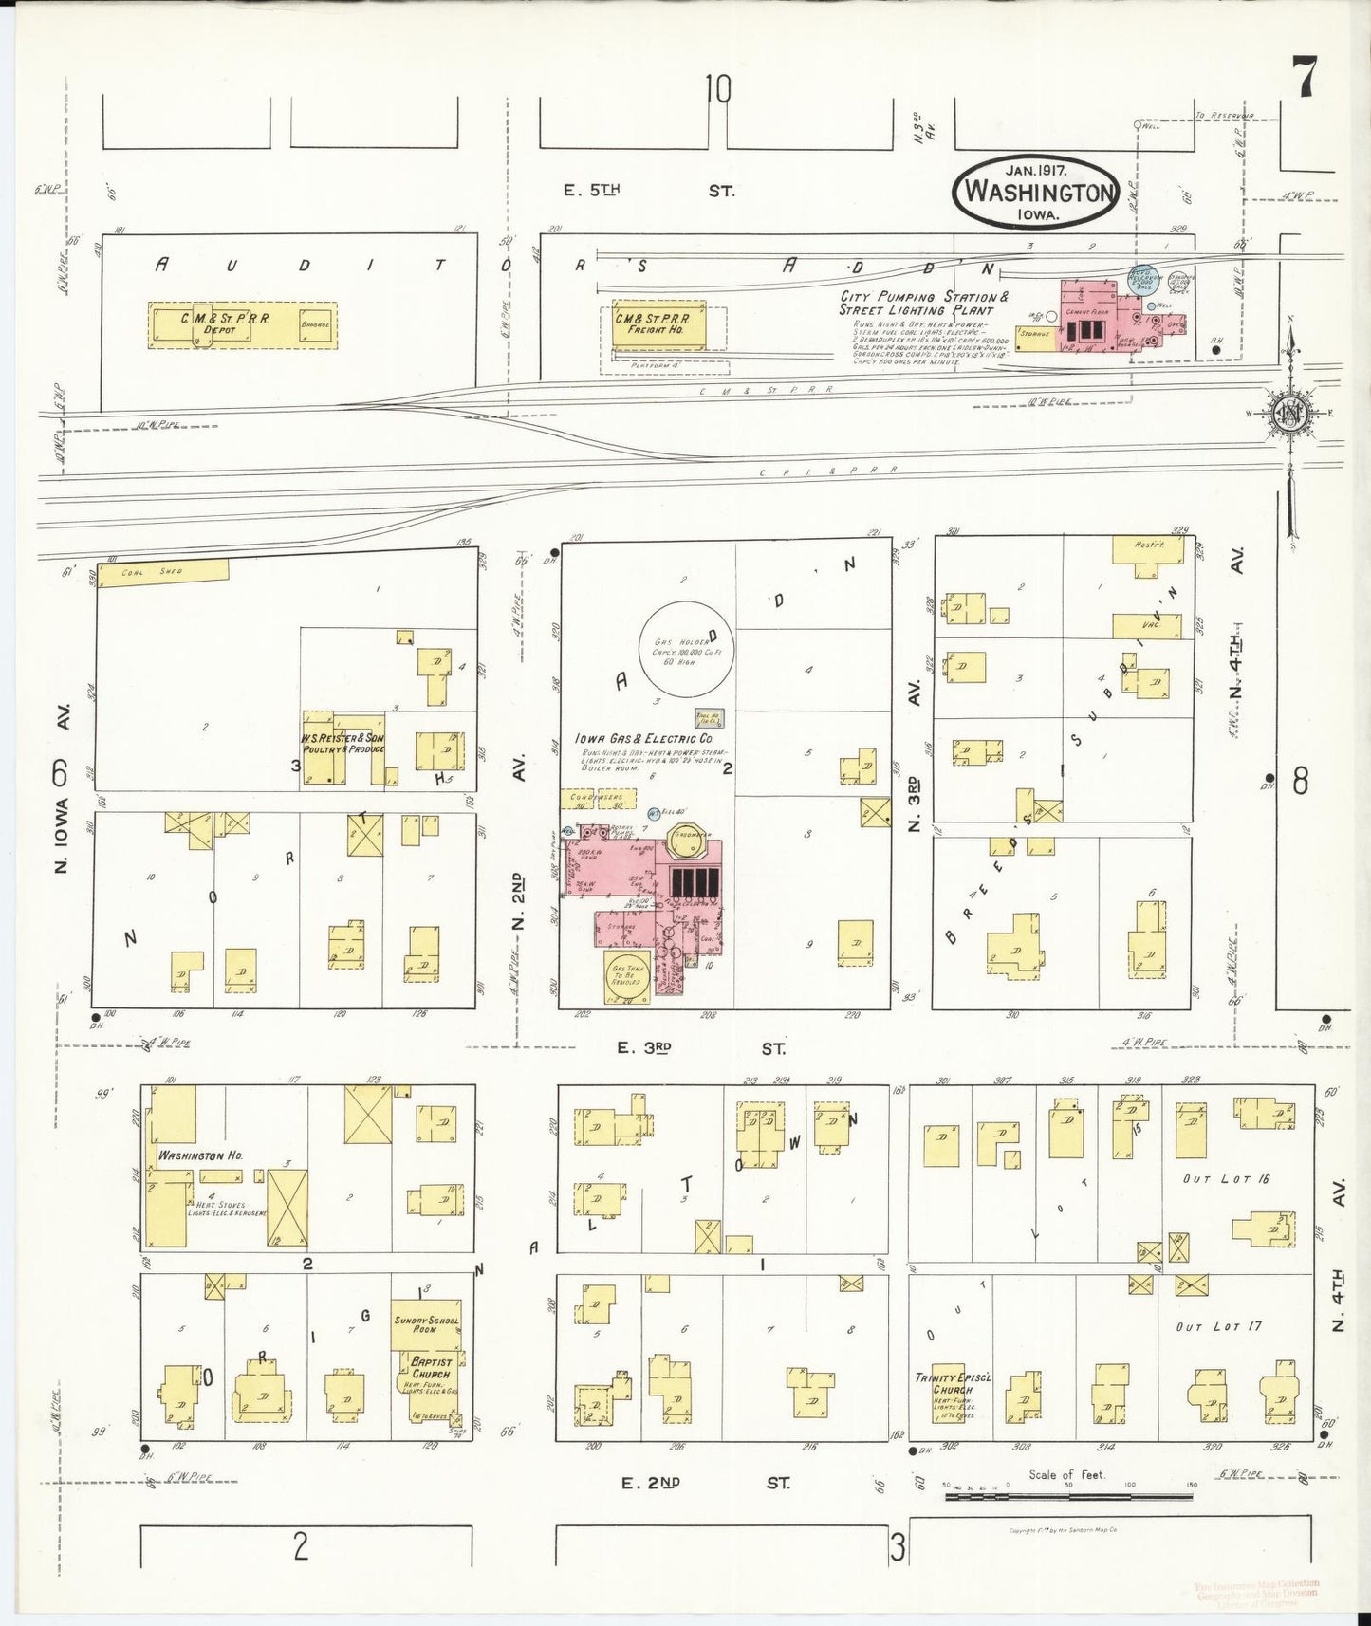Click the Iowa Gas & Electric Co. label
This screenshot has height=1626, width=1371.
coord(643,738)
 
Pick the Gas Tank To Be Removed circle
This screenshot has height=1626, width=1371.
coord(628,976)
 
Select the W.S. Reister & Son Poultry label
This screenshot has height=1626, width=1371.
coord(343,743)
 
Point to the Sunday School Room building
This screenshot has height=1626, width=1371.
coord(427,1323)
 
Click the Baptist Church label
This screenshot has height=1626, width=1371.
coord(430,1368)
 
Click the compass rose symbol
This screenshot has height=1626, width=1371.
coord(1290,414)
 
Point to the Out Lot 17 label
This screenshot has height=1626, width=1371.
coord(1218,1326)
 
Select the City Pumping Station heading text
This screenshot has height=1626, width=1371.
coord(918,304)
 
